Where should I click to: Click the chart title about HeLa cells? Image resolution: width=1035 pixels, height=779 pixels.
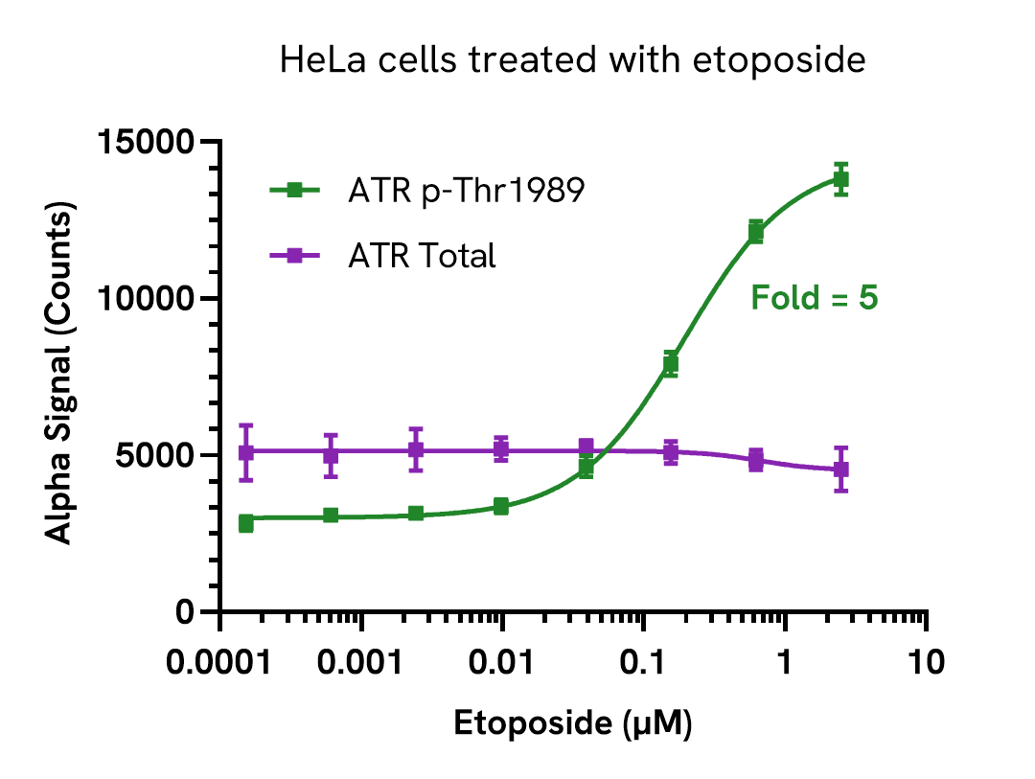[572, 60]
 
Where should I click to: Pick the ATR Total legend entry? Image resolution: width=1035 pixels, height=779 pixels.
[422, 256]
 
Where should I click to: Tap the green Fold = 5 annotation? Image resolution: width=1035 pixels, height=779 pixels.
[814, 298]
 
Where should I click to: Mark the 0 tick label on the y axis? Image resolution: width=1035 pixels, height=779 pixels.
[183, 611]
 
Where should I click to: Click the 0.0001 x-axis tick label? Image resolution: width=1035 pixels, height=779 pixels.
[221, 662]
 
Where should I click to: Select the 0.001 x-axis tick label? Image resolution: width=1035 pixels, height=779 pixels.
[361, 662]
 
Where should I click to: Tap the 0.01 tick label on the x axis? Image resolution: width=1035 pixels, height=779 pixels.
[502, 662]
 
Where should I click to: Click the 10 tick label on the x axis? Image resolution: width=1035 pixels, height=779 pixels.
[926, 662]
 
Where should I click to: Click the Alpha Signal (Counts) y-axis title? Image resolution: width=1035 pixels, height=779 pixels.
[60, 377]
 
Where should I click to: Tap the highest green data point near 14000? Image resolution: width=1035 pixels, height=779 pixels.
[840, 178]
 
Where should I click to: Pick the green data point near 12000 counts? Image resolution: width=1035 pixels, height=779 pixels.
[755, 232]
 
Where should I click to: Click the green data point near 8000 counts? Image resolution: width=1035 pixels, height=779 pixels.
[671, 364]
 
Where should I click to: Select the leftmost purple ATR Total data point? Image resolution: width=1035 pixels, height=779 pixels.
[246, 452]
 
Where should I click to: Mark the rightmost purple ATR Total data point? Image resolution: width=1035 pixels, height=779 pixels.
[840, 470]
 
